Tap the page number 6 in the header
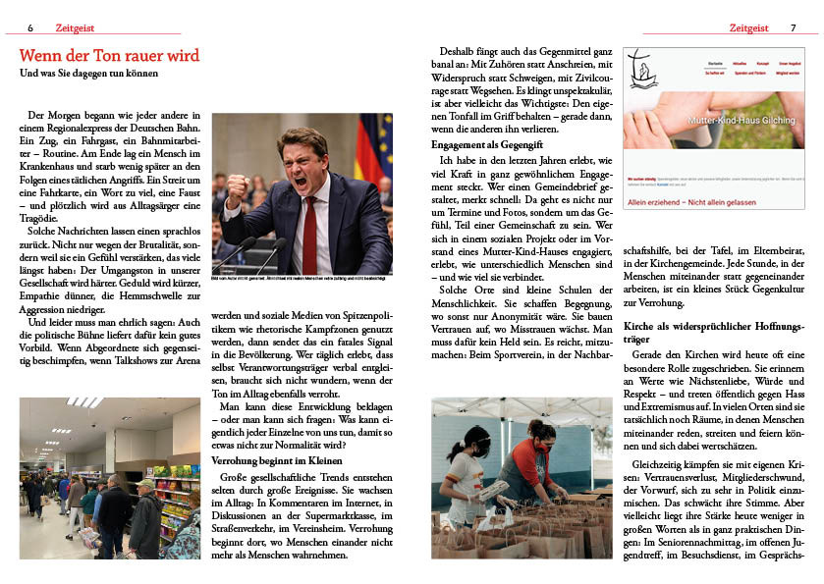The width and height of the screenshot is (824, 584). click(30, 27)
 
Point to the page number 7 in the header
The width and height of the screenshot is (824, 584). click(793, 27)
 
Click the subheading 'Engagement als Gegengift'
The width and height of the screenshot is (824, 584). click(488, 144)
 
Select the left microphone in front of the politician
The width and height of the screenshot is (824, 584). click(238, 253)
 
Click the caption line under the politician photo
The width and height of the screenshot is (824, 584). click(302, 280)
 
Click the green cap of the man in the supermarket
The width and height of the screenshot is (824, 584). click(145, 483)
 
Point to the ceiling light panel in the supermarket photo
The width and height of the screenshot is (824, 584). click(82, 402)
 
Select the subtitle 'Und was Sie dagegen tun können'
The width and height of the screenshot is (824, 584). click(88, 73)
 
